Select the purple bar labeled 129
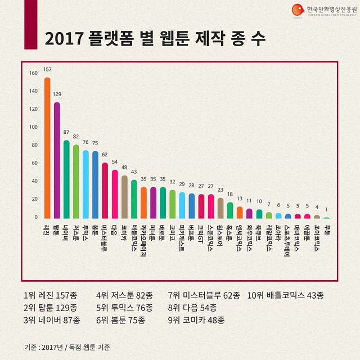point(57,160)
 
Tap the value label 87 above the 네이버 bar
point(66,132)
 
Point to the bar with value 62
point(105,190)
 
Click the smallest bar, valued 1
point(326,217)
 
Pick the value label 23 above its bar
point(220,190)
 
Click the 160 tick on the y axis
point(33,73)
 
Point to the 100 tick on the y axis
point(33,127)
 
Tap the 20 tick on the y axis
point(33,199)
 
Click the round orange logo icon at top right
point(297,10)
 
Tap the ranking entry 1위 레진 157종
point(51,295)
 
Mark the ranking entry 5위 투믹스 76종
point(125,308)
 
